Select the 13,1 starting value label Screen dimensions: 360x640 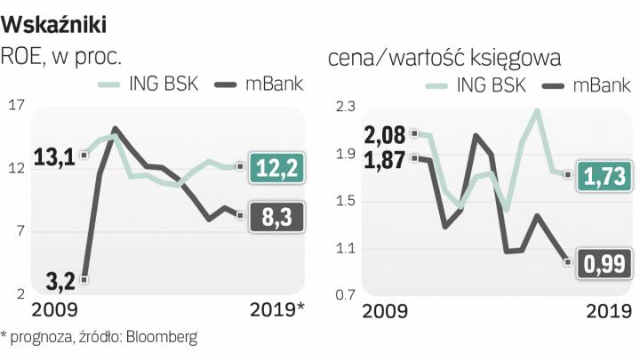[53, 157]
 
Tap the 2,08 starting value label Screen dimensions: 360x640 [385, 135]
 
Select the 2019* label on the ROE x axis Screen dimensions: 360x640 [276, 310]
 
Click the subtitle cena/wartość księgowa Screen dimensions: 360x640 [444, 58]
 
